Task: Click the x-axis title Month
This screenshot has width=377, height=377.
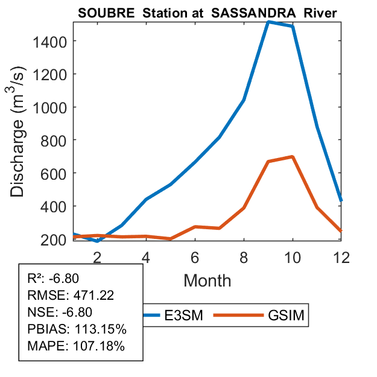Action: (207, 280)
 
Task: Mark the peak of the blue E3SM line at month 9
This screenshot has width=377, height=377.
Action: (268, 22)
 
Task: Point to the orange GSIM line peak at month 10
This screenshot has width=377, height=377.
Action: (292, 157)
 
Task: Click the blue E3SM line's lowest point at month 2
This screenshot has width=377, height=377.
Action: (97, 241)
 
